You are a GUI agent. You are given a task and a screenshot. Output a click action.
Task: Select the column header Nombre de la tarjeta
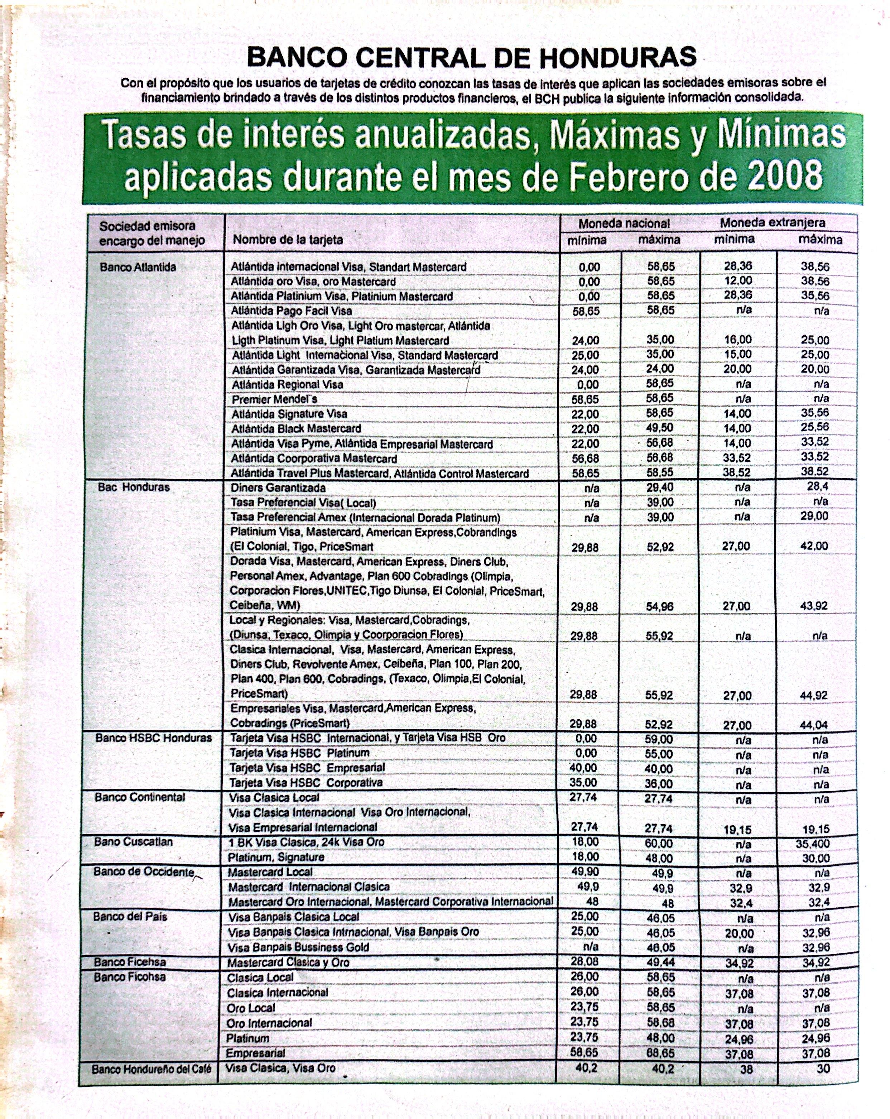point(288,239)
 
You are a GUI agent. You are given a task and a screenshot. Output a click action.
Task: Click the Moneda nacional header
point(624,224)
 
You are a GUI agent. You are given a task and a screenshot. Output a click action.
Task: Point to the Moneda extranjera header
point(772,223)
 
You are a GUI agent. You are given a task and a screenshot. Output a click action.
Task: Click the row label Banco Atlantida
point(138,267)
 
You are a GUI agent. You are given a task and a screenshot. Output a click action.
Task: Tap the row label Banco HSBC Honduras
point(154,738)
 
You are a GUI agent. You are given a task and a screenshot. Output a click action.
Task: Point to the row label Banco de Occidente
point(144,871)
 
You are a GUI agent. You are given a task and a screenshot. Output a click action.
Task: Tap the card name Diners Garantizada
point(278,488)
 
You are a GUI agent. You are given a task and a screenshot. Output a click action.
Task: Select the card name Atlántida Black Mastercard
point(296,429)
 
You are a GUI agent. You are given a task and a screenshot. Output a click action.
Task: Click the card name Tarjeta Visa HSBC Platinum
point(299,753)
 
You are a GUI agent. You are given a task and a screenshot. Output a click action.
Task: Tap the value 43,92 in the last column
point(813,606)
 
